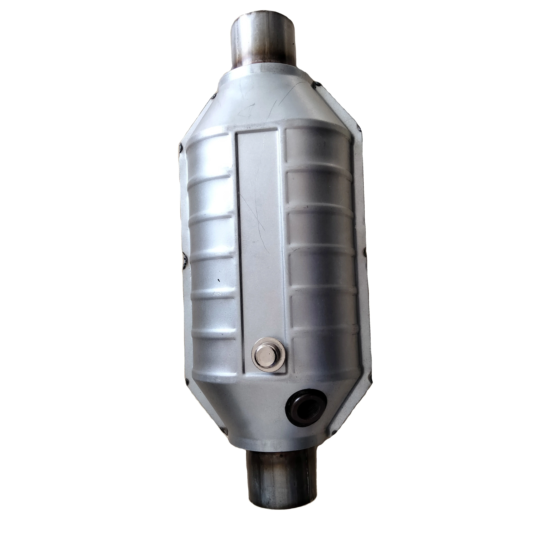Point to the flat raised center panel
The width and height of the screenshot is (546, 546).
point(259,226)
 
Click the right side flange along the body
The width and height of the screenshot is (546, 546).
point(365,254)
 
